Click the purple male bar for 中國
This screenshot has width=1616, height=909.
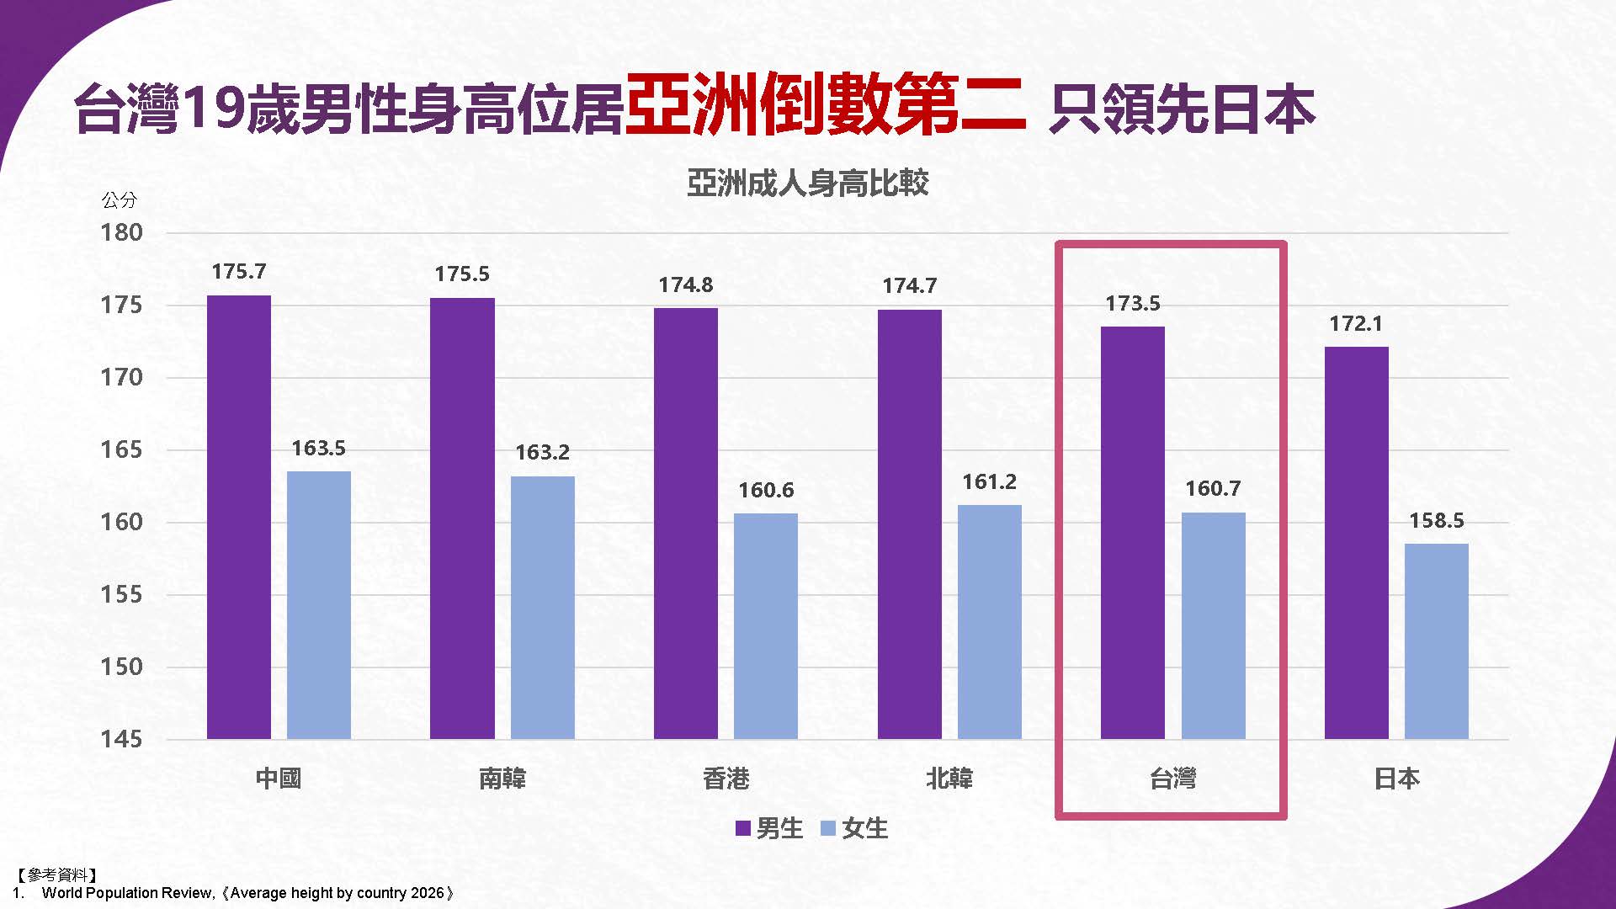239,517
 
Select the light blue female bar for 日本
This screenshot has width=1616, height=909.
1436,641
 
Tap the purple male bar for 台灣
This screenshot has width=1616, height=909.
1133,532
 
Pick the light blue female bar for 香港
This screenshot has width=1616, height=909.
766,626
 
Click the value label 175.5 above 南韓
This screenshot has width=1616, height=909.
462,274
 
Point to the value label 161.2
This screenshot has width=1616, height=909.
990,482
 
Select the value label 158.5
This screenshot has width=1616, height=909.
1437,521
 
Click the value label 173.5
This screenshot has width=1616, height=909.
1133,304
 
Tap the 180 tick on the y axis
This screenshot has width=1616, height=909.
122,233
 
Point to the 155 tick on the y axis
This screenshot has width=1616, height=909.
122,595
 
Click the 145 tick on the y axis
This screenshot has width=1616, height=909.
122,740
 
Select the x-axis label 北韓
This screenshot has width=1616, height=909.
949,779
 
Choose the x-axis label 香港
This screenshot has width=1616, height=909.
726,779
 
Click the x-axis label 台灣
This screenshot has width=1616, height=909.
1172,779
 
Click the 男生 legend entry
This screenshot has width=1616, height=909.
769,829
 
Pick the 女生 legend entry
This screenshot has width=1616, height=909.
854,829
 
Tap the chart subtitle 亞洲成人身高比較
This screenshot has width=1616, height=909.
807,183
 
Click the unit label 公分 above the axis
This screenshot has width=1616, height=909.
119,200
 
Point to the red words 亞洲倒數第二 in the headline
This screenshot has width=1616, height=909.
825,108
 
